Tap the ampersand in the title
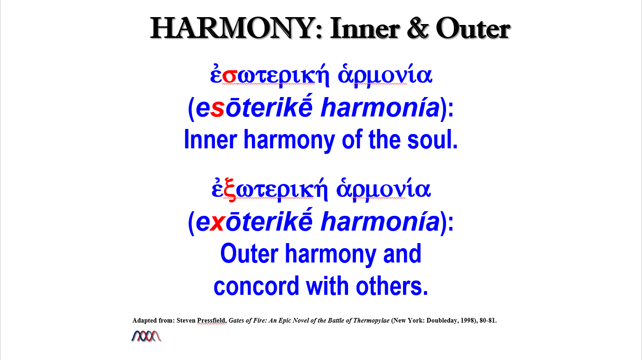pos(418,28)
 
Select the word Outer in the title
pos(473,28)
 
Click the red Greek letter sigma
pos(229,76)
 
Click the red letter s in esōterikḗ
pos(217,109)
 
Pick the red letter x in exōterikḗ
pos(217,223)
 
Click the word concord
pos(257,286)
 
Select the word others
pos(392,286)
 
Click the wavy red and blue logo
pos(147,336)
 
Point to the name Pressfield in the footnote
pos(211,320)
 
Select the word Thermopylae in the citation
pos(371,321)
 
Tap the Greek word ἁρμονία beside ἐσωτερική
pos(385,75)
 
